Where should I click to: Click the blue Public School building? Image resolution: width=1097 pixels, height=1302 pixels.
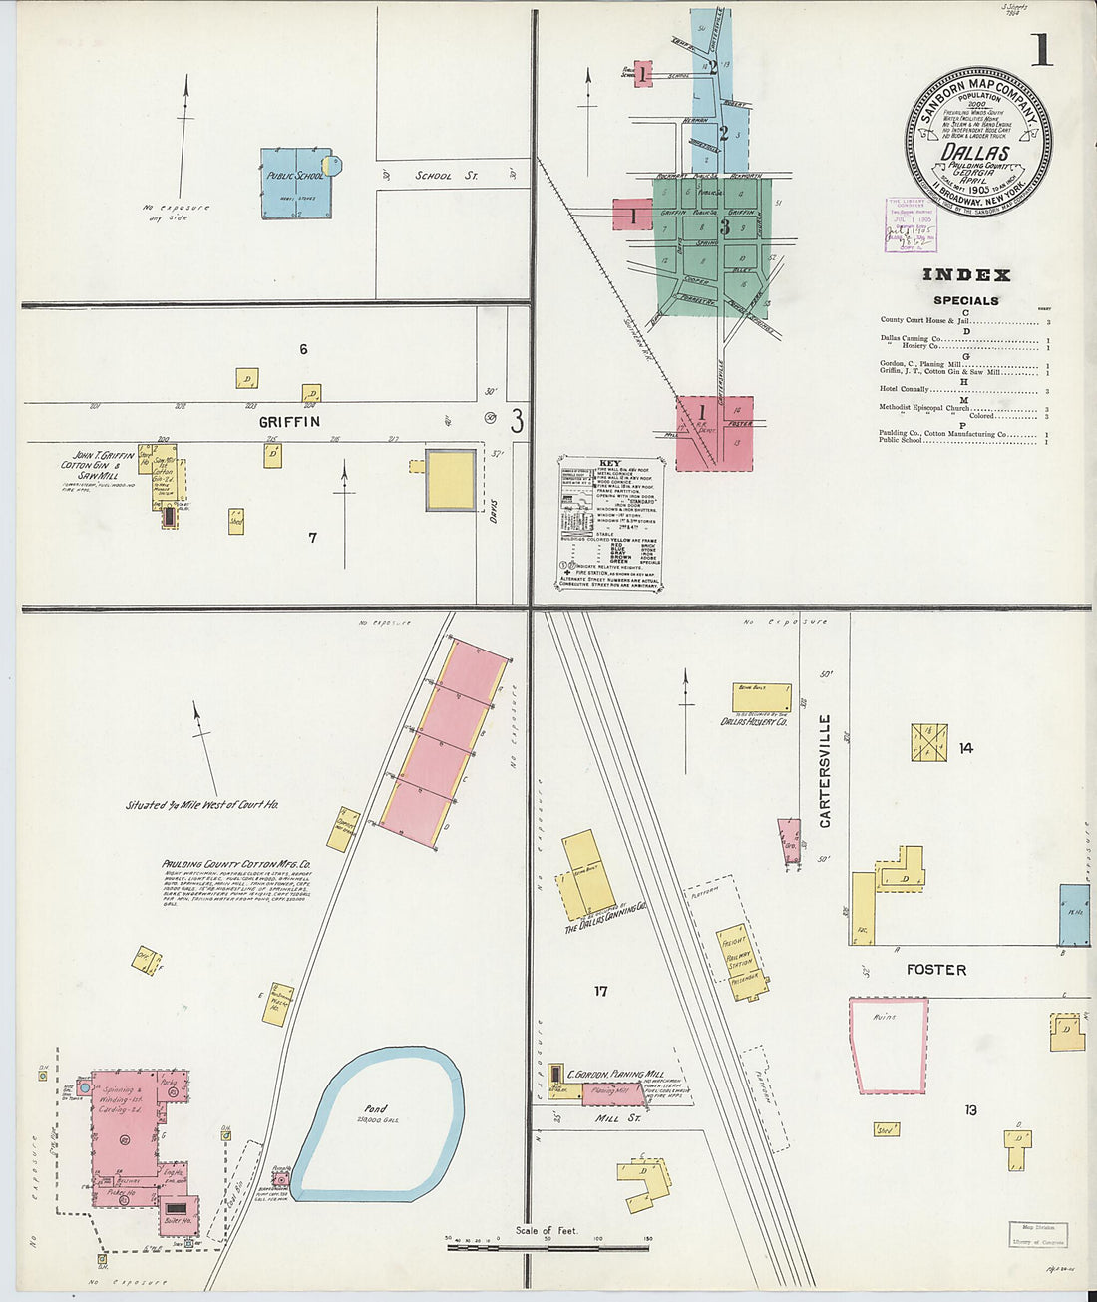tap(296, 184)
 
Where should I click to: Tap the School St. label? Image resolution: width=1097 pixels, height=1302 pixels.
tap(446, 176)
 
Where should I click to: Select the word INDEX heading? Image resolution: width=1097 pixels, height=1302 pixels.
tap(965, 275)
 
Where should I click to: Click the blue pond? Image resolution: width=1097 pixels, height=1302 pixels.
tap(378, 1122)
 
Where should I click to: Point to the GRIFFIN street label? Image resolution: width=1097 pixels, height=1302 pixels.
tap(289, 422)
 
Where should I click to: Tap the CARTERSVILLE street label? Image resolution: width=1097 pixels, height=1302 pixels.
tap(825, 770)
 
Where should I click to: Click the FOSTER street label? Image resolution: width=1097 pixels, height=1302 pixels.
tap(935, 969)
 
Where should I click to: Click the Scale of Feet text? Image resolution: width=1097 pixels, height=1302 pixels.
tap(546, 1230)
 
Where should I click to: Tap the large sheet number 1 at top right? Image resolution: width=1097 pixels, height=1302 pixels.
tap(1041, 49)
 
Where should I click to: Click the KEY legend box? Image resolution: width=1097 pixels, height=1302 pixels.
tap(609, 525)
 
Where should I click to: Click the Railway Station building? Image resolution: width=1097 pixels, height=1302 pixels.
tap(741, 956)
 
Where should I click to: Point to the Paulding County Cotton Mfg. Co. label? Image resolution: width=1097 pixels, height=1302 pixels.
tap(236, 864)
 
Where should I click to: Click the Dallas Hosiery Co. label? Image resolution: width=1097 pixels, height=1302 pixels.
tap(754, 721)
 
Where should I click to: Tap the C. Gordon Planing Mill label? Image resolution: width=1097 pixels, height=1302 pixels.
tap(615, 1075)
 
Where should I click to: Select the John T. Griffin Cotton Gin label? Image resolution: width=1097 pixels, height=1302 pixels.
tap(97, 465)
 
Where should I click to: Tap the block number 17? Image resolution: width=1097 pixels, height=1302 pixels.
tap(600, 991)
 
